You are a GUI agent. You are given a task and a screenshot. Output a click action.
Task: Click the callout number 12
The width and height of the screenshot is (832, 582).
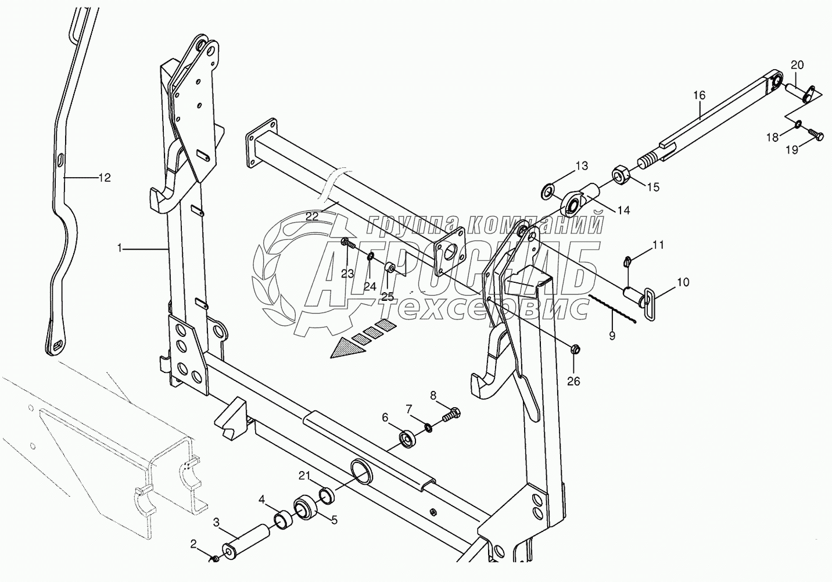click(x=104, y=178)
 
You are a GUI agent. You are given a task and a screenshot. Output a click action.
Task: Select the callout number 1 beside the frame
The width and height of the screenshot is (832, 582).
click(x=120, y=249)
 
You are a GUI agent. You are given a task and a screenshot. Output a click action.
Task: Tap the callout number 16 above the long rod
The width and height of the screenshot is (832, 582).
click(x=699, y=95)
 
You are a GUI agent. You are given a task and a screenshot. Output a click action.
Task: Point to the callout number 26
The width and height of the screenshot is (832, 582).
click(x=573, y=382)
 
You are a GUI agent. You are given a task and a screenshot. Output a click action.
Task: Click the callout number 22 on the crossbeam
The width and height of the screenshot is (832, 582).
click(x=312, y=216)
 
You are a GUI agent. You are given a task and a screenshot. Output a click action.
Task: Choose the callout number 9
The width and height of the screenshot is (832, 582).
click(x=611, y=335)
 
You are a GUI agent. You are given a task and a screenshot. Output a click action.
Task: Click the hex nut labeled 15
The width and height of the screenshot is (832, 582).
click(x=619, y=174)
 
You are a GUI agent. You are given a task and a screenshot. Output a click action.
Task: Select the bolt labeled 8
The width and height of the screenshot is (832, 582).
click(x=451, y=416)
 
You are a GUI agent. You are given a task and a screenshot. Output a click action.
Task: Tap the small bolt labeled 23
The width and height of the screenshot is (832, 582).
click(x=346, y=242)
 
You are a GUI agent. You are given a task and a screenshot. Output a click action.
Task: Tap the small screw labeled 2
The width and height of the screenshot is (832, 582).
click(x=214, y=558)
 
